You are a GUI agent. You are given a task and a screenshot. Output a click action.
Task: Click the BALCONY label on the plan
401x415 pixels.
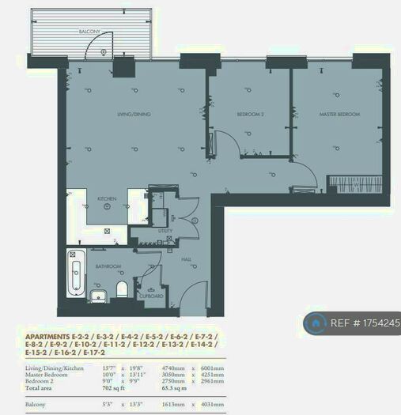(x=89, y=31)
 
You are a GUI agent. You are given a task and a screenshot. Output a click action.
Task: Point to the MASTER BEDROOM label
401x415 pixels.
(x=339, y=115)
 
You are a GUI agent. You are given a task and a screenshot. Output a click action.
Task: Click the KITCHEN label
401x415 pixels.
(x=107, y=198)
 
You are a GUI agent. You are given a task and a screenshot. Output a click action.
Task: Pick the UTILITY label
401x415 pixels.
(x=165, y=231)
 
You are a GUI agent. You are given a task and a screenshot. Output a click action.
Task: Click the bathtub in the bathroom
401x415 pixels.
(x=76, y=270)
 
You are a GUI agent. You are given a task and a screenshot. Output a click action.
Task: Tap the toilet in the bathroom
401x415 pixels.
(x=123, y=289)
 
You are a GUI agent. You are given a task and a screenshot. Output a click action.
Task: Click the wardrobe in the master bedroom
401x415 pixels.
(x=355, y=182)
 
